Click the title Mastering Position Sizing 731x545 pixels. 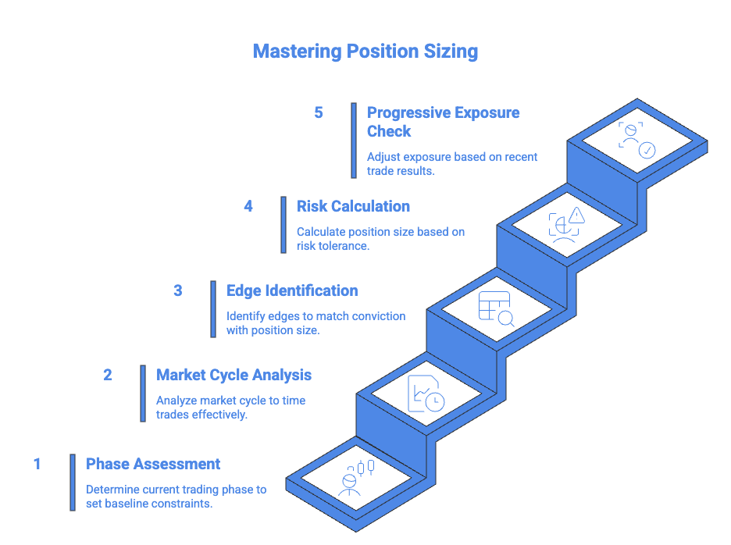(365, 52)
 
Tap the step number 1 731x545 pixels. (37, 464)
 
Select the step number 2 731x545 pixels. (108, 375)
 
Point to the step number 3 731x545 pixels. (178, 290)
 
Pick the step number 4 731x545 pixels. (248, 206)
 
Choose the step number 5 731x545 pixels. (319, 112)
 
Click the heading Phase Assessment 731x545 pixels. (153, 464)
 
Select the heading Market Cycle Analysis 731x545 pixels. (234, 375)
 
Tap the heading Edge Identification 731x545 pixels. (292, 290)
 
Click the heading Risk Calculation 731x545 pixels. (353, 206)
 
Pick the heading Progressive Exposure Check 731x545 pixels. (443, 121)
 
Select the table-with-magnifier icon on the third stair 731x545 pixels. (496, 308)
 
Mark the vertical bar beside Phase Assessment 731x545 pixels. (73, 482)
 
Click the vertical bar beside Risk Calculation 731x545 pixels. (283, 224)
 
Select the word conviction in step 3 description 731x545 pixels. (379, 316)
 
